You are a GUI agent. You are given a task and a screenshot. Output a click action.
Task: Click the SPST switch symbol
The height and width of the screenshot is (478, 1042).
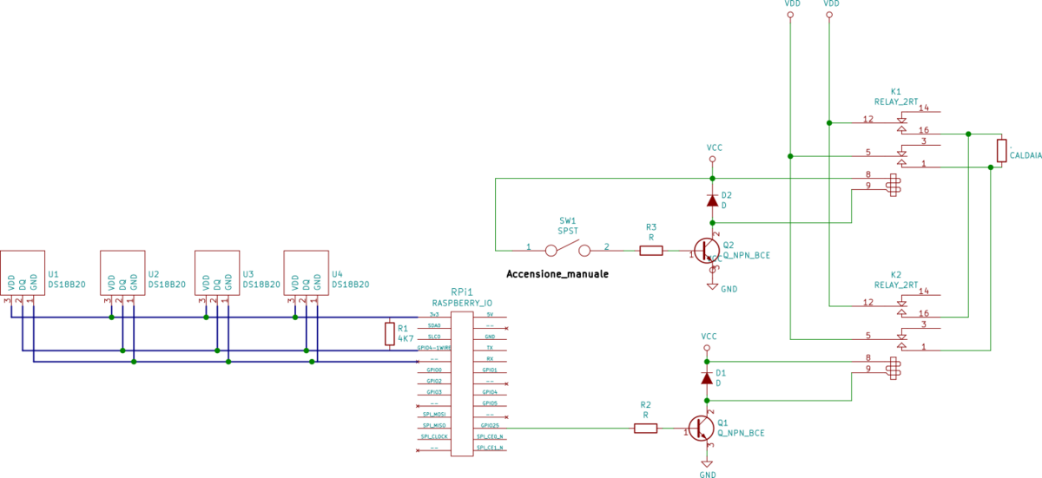[567, 250]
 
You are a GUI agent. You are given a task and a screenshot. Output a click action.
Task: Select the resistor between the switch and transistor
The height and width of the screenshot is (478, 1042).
[651, 251]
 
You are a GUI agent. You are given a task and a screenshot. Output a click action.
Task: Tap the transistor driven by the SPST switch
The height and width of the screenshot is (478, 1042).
[705, 250]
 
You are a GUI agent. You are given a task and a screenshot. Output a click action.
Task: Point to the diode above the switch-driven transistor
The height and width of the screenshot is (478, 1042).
[712, 200]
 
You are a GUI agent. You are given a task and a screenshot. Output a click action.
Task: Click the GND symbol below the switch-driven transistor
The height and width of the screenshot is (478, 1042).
[712, 285]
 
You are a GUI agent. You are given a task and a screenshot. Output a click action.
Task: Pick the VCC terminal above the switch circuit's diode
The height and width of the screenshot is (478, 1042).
[712, 159]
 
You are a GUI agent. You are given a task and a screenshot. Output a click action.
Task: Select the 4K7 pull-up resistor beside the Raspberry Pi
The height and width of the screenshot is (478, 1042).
[390, 334]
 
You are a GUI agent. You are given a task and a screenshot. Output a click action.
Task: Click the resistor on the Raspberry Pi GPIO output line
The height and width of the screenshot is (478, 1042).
[645, 428]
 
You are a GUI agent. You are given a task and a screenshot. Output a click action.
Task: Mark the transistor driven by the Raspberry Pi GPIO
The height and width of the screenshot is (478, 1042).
[701, 427]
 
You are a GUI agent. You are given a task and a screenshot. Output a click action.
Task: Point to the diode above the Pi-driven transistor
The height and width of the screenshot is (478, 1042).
[707, 379]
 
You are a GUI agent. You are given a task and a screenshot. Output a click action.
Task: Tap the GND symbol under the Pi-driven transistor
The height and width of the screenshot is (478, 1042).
[707, 464]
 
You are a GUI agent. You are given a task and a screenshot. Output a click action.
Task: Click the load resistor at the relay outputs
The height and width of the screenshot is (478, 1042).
[1001, 150]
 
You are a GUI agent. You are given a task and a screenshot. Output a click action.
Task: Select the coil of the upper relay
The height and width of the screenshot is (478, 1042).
[892, 185]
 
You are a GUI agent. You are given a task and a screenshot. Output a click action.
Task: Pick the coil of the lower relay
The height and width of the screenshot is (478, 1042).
[892, 368]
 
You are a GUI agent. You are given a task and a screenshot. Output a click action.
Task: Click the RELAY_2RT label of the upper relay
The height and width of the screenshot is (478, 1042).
[896, 101]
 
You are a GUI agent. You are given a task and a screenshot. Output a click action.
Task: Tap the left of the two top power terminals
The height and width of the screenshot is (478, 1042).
[790, 15]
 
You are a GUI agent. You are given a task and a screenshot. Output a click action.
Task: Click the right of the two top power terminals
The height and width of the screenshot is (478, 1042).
[829, 15]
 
